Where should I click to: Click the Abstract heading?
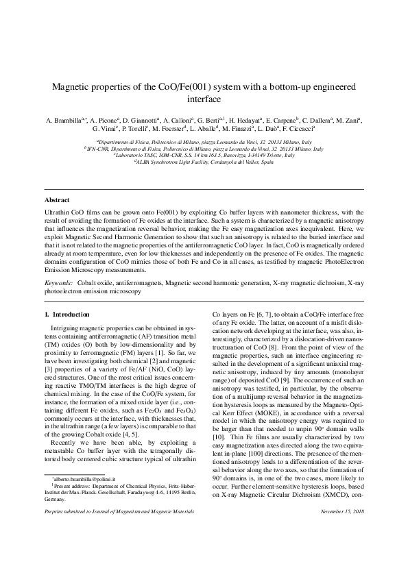point(56,199)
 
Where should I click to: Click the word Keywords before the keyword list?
point(58,282)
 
